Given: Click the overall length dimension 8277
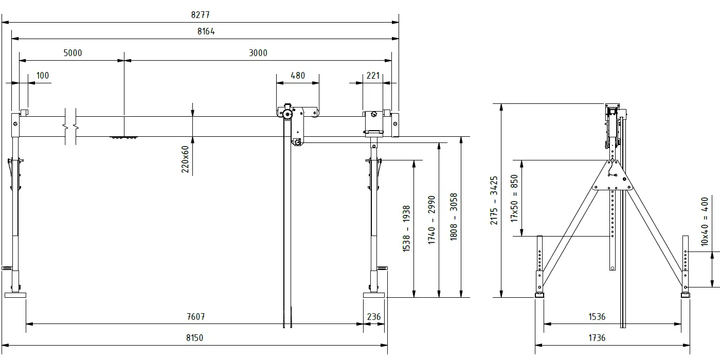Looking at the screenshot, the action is coord(200,15).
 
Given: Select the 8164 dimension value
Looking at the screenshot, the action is coord(206,31).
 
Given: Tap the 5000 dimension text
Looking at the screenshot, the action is coord(73,52).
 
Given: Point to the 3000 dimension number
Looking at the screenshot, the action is coord(258,52).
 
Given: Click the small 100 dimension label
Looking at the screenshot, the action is coord(42,76).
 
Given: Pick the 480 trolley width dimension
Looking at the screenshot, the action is coord(298,76).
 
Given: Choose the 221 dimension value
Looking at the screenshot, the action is coord(373,76).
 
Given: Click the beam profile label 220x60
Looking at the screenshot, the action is coord(185,159).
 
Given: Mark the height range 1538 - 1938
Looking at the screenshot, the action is coord(406,228).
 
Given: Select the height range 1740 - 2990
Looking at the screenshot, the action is coord(431,220).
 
